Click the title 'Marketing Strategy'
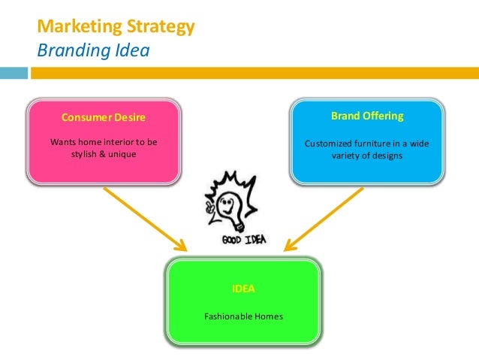[116, 28]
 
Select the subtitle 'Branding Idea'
[93, 51]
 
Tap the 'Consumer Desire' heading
[104, 118]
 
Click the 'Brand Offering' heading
[367, 116]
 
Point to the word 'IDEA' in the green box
[244, 289]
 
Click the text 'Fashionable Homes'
[244, 316]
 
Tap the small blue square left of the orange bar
[14, 74]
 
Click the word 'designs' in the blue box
[387, 156]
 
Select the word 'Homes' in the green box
[269, 316]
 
